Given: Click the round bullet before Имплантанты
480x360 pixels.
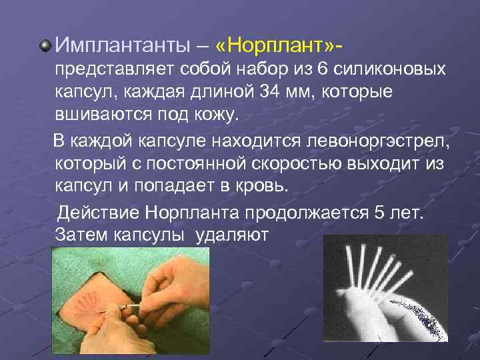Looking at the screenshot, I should pos(45,45).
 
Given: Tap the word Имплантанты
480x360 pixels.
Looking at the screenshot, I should pos(124,45).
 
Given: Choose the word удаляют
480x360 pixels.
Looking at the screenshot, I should pos(233,235).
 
